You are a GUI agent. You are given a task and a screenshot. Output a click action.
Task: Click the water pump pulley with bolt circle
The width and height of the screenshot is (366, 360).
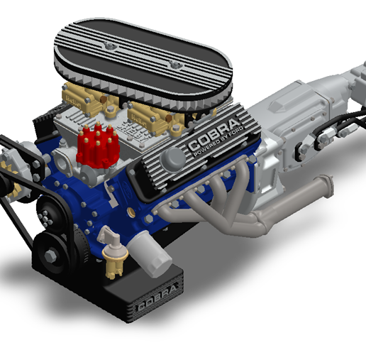(50, 209)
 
